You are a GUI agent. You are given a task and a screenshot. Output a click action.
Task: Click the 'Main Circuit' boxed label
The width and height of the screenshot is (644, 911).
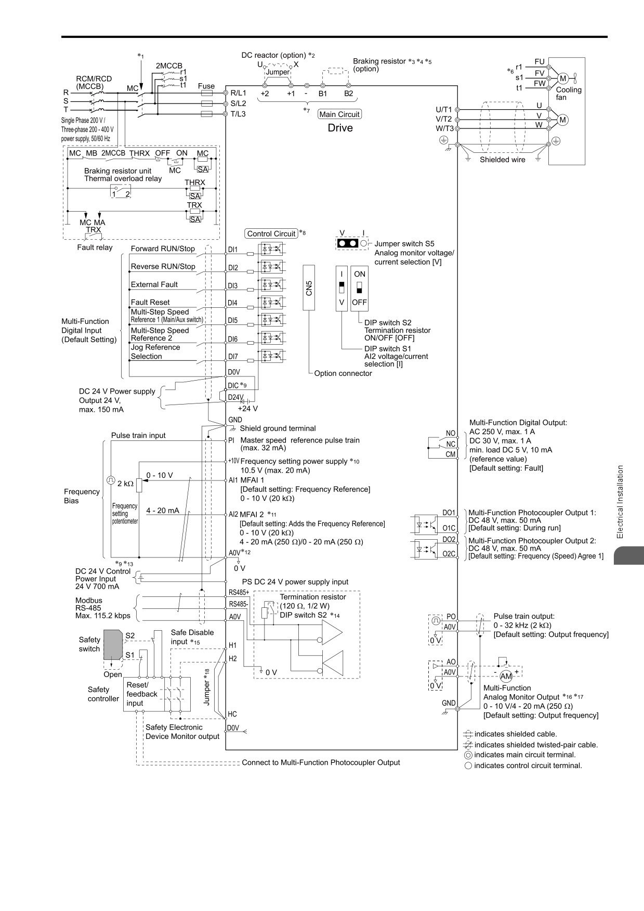click(339, 114)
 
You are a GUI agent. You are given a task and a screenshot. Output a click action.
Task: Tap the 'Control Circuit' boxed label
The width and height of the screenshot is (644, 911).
click(271, 234)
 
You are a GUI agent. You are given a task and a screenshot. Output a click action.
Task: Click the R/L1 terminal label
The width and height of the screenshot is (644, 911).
click(238, 93)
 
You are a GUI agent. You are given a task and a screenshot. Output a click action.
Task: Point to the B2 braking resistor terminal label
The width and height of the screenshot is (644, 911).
click(348, 94)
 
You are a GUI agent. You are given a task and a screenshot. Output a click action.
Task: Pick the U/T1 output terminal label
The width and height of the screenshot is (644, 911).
click(444, 110)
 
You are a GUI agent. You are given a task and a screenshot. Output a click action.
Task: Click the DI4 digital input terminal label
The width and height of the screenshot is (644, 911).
click(232, 303)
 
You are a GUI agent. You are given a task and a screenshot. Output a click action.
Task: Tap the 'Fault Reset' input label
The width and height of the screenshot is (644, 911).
click(150, 302)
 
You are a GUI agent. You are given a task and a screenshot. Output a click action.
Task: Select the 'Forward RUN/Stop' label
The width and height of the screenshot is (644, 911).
click(163, 249)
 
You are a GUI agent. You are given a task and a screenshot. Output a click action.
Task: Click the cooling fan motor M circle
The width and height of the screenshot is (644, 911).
click(562, 79)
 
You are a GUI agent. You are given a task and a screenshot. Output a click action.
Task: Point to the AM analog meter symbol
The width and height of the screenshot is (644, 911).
click(506, 676)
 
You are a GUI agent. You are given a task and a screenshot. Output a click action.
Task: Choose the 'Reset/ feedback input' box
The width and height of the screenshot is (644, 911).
click(142, 695)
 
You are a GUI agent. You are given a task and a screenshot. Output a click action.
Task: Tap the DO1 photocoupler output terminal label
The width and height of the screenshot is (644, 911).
click(449, 513)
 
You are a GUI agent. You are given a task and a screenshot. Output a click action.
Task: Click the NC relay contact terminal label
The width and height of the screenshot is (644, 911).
click(451, 444)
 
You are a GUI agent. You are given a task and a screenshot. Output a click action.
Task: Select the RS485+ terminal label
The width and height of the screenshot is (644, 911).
click(239, 592)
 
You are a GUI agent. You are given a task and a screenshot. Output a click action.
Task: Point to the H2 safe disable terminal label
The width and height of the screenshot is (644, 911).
click(233, 658)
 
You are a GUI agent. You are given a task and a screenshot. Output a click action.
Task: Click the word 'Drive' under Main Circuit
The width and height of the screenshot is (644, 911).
click(340, 128)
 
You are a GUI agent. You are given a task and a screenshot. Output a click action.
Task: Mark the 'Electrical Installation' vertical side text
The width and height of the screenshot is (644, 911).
click(620, 502)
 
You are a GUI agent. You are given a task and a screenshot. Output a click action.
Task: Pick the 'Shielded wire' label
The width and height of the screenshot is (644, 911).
click(503, 160)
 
